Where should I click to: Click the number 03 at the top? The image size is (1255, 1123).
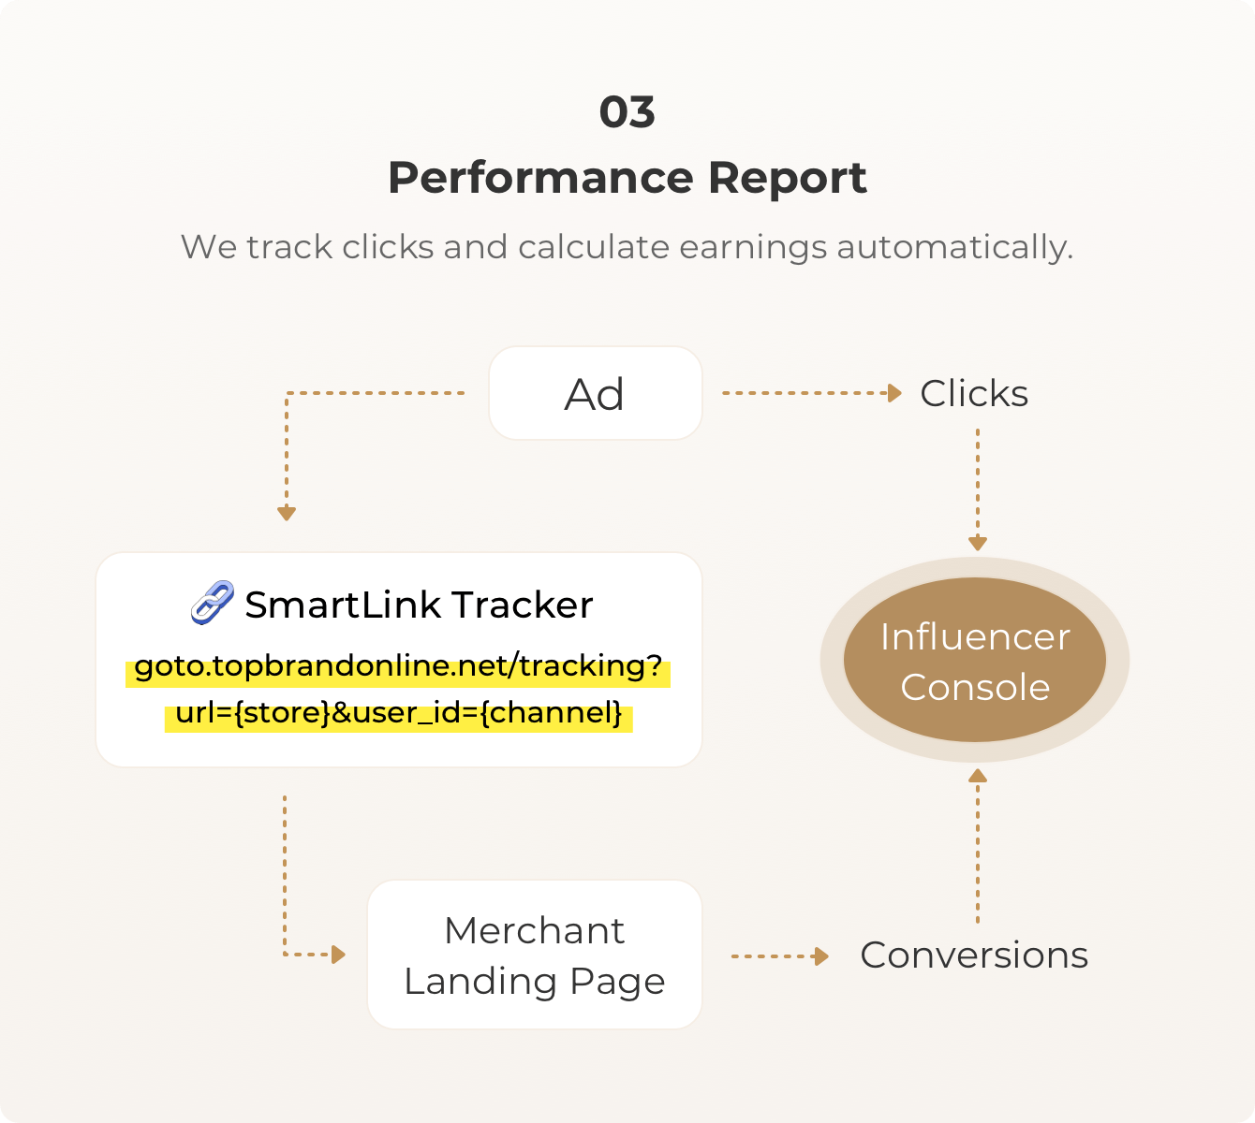point(627,112)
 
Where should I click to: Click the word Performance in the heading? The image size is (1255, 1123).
point(540,178)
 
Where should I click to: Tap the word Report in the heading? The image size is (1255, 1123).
point(788,180)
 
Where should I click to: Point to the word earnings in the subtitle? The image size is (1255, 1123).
point(753,249)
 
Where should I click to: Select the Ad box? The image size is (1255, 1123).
point(596,393)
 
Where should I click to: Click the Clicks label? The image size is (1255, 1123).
point(974,393)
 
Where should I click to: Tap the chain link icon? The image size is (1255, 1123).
point(212,603)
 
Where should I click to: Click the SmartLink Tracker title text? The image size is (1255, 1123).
point(419,605)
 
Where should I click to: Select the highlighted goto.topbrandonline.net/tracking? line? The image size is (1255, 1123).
point(398,668)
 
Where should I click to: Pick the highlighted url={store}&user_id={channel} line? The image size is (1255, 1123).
point(398,714)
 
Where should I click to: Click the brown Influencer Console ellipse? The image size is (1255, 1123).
point(974,660)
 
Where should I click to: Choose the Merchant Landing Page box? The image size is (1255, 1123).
point(535,955)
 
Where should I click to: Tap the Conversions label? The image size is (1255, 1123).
point(974,955)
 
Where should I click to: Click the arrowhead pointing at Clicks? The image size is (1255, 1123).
point(894,393)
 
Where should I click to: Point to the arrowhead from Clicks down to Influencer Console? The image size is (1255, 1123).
point(978,544)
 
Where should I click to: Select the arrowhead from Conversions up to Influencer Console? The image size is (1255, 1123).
point(978,776)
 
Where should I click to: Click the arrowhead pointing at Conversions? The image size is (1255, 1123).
point(822,956)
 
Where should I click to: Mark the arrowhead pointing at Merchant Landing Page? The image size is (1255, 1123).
point(339,955)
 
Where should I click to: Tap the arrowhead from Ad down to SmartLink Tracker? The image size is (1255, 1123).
point(287,514)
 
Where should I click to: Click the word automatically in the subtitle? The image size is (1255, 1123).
point(954,249)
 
